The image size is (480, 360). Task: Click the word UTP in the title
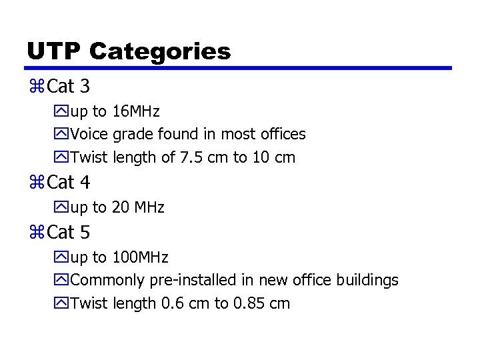53,51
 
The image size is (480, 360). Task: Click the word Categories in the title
159,51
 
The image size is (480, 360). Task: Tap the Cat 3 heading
69,87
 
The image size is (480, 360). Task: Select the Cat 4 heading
69,182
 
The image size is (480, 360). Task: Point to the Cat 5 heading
69,233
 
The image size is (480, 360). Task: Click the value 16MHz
136,111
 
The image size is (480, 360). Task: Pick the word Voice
89,134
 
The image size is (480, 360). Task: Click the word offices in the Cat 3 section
282,134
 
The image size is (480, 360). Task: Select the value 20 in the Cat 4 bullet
121,207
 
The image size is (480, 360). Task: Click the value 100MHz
140,257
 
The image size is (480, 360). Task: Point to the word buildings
367,281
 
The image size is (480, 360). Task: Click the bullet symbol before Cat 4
37,182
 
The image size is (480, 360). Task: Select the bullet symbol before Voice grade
63,135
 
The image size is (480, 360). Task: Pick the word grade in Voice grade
133,135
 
